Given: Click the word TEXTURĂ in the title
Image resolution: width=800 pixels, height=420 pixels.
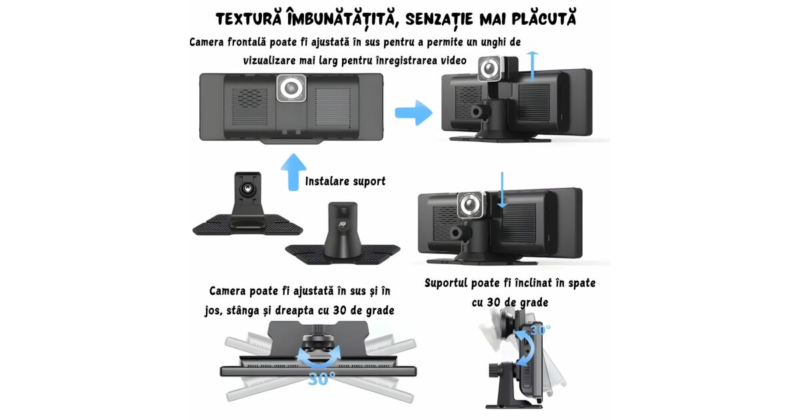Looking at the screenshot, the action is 249,18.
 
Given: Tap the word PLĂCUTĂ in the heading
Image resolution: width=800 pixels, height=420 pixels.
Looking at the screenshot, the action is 544,18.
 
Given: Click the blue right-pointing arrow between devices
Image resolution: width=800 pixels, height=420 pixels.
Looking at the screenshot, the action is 413,113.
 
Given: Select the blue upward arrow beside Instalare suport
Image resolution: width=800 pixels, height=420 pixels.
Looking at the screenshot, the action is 293,172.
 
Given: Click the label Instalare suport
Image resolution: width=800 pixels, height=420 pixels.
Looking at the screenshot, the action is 345,181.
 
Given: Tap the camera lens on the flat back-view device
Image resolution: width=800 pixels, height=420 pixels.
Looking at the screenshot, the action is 291,88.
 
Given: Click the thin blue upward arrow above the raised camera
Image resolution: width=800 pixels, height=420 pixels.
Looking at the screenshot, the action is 533,66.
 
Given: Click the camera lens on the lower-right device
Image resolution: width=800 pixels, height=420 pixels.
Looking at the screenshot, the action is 471,205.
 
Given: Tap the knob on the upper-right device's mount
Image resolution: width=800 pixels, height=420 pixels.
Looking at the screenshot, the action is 476,112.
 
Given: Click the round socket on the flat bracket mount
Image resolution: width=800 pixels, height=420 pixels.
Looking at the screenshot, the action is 247,187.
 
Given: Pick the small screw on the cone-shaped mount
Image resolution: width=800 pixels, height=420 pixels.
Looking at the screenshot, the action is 342,224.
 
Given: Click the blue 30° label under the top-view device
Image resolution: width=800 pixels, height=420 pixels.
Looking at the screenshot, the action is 322,379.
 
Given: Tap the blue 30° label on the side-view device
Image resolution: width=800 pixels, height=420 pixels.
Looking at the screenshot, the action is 540,329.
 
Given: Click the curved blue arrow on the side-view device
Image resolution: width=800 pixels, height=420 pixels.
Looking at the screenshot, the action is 525,347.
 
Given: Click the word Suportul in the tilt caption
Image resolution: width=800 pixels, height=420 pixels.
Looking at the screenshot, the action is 446,283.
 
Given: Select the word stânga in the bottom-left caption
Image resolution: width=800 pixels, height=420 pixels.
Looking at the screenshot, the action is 243,311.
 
